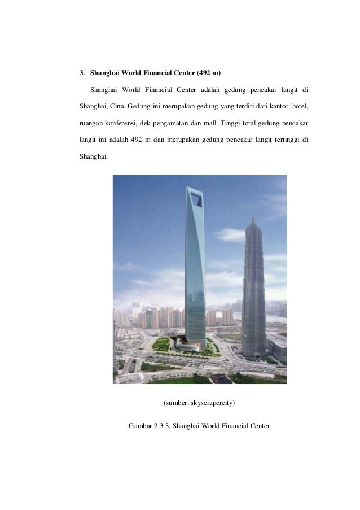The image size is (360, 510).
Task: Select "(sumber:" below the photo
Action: coord(175,403)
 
